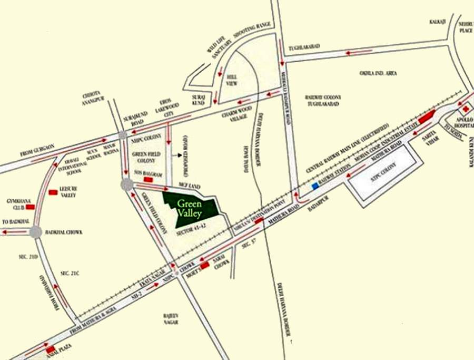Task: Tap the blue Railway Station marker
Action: (315, 186)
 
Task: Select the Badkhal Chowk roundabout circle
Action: (35, 232)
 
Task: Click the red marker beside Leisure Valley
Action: (53, 192)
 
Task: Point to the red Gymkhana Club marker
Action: (30, 207)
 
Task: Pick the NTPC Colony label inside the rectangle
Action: (382, 171)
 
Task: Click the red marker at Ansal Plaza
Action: (50, 349)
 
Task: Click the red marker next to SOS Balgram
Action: (148, 180)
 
